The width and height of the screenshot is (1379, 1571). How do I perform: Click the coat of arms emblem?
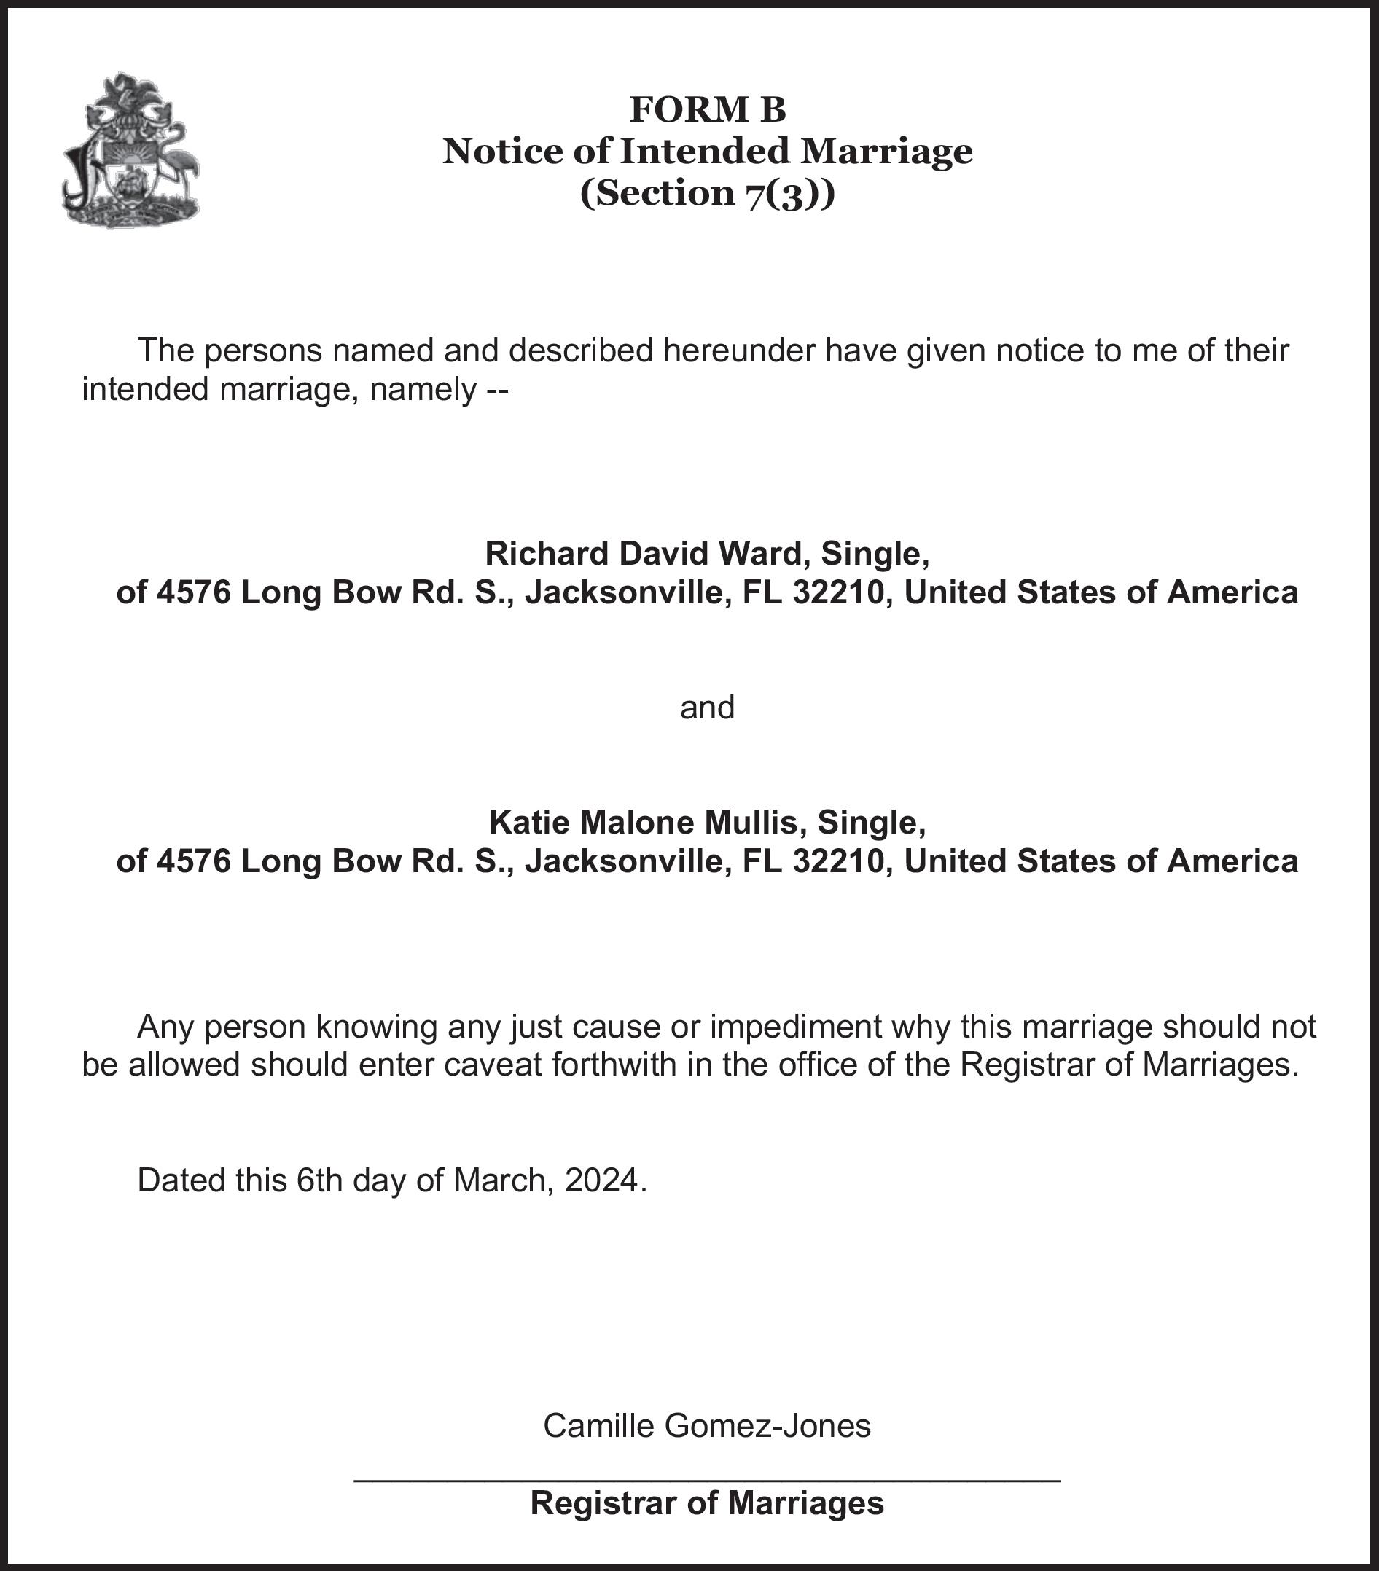point(130,151)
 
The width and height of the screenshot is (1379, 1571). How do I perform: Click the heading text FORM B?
point(707,109)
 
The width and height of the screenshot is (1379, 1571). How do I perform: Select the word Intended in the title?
point(704,151)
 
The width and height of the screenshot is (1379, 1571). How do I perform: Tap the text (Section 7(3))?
point(707,192)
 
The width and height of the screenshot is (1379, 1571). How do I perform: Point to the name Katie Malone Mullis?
point(643,822)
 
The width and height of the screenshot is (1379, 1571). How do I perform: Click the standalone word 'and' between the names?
point(707,706)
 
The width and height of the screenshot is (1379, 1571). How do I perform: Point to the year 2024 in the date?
point(602,1179)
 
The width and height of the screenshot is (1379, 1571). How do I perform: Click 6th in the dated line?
point(319,1179)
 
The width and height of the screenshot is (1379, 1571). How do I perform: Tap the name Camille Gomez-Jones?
point(707,1425)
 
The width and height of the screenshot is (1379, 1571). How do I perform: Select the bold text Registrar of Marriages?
point(707,1503)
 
